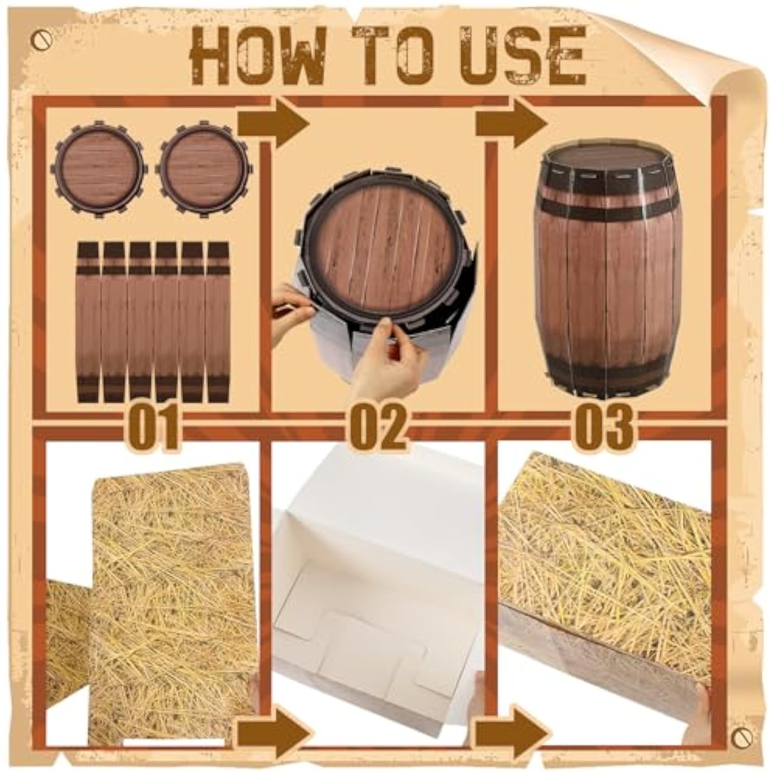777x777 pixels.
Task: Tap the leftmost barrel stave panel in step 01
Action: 88,321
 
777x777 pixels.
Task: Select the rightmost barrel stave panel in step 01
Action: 218,321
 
